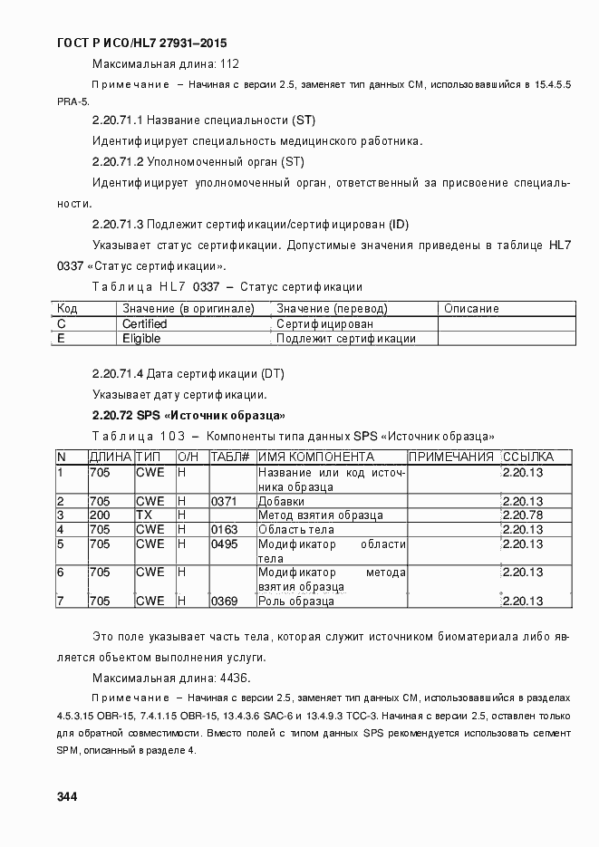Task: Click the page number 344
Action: [x=66, y=797]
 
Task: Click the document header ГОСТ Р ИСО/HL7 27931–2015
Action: [x=141, y=43]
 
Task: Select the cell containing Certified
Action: [x=145, y=323]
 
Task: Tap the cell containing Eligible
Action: [x=141, y=339]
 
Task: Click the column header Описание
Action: [x=471, y=308]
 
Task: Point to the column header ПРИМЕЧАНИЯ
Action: [x=451, y=457]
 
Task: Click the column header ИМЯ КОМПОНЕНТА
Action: [x=316, y=457]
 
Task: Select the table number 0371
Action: [x=224, y=501]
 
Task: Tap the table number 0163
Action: [x=224, y=530]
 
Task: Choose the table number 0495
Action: [x=224, y=544]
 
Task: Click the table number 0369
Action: [x=224, y=602]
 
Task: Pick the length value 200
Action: [x=100, y=515]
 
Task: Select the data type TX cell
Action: [x=144, y=515]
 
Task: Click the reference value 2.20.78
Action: [x=523, y=515]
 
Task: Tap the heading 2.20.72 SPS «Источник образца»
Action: [x=189, y=416]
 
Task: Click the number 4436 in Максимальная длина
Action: [x=235, y=678]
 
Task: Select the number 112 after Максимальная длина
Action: [x=228, y=63]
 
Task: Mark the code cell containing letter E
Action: [x=62, y=339]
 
